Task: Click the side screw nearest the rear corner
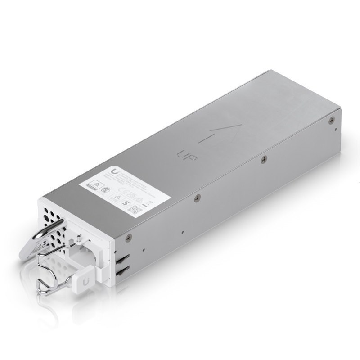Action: (x=332, y=120)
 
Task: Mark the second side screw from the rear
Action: (x=264, y=158)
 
